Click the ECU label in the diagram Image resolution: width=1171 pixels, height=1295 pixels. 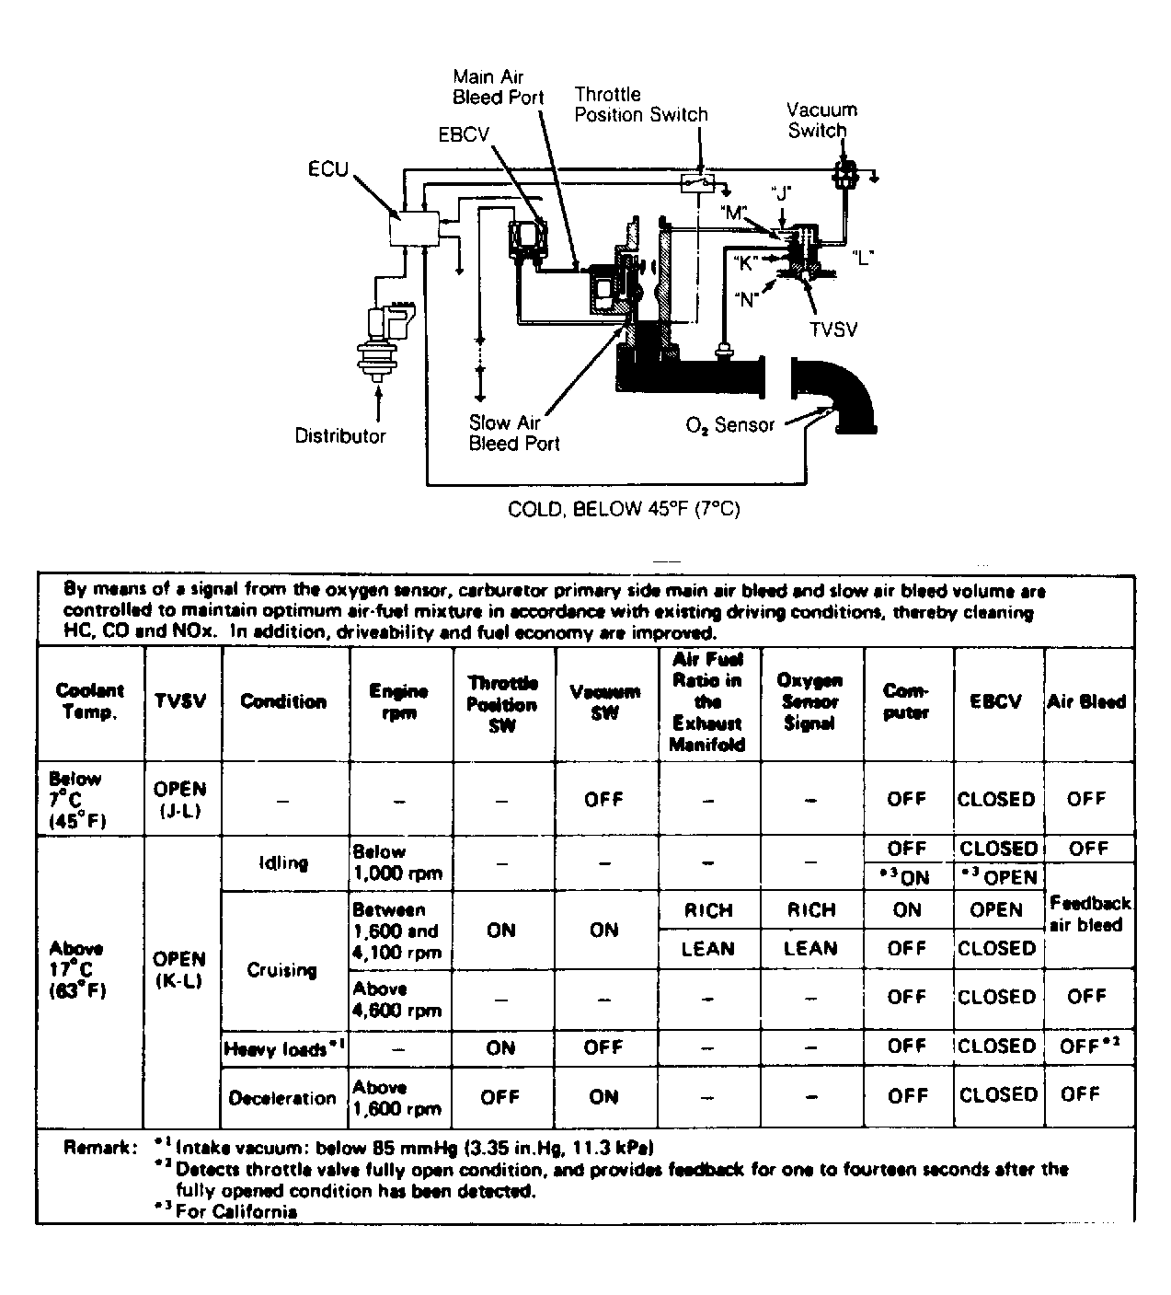328,169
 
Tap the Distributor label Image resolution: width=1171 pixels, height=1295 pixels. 340,436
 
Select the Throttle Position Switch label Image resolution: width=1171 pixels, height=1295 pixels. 641,105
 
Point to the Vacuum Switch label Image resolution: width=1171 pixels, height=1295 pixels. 821,120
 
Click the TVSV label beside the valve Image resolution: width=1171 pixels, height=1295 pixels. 833,329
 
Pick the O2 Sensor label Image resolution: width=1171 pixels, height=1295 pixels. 729,425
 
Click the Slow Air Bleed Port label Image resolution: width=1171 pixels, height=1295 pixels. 513,433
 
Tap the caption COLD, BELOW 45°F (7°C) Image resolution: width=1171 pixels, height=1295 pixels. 624,508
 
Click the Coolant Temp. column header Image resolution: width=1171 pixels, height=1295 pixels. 90,701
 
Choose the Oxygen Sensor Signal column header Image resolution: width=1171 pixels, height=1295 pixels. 810,701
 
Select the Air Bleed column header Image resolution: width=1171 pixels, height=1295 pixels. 1086,701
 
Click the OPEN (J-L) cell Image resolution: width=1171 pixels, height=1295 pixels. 180,799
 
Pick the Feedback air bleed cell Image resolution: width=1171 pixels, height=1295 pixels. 1090,914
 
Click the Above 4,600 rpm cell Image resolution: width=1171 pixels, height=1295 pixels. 398,999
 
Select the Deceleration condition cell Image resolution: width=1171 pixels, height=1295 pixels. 282,1097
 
